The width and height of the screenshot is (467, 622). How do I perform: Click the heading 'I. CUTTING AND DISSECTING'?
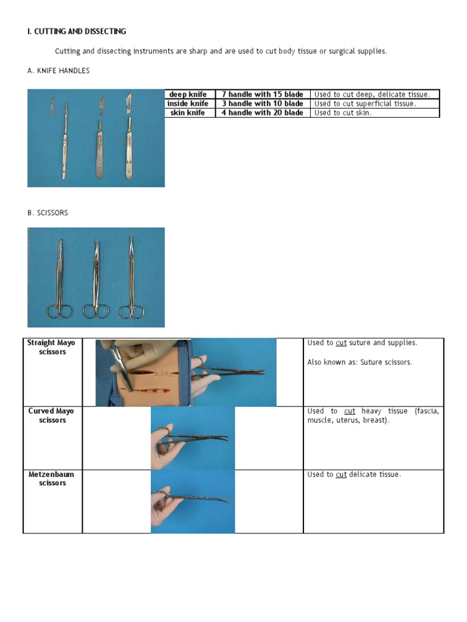[x=77, y=31]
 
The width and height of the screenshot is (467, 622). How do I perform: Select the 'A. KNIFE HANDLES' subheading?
[x=58, y=71]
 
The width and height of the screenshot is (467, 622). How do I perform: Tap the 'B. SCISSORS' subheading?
[x=47, y=213]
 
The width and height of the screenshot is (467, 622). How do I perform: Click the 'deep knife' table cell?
[x=188, y=94]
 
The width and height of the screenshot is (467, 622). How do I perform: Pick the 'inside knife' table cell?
[x=188, y=103]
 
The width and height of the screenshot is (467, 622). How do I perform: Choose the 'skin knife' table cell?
[x=188, y=112]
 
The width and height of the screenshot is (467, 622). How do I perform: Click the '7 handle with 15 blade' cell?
[x=262, y=94]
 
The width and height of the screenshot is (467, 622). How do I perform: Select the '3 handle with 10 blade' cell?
[x=262, y=103]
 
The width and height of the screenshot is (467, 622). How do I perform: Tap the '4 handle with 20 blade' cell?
[x=262, y=112]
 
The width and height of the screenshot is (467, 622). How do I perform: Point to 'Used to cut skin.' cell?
[x=343, y=112]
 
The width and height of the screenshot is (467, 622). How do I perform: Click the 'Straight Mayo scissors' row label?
[x=52, y=347]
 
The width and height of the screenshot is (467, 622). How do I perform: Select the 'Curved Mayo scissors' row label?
[x=52, y=415]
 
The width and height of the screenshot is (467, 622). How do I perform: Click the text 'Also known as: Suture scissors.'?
[x=359, y=362]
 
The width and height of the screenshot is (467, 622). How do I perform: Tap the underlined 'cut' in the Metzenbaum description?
[x=341, y=474]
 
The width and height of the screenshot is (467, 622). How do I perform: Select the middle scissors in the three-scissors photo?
[x=96, y=279]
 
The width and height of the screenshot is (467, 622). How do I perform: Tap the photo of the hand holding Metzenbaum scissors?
[x=192, y=501]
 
